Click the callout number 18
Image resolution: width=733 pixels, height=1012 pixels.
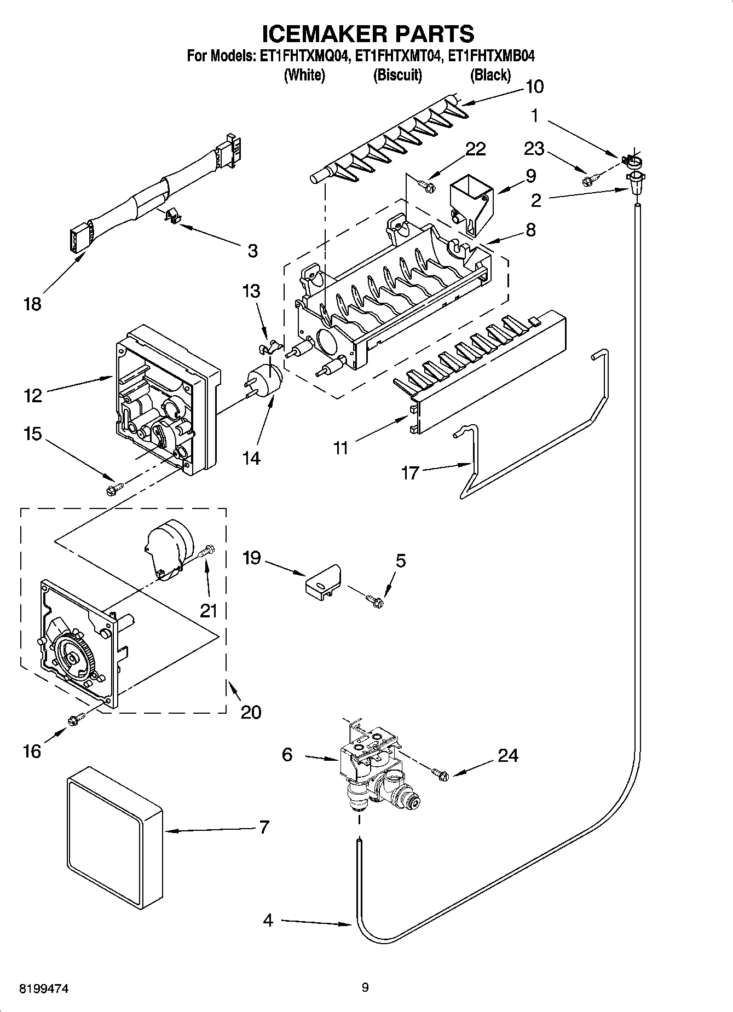tap(32, 304)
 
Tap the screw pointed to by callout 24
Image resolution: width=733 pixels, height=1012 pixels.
tap(441, 773)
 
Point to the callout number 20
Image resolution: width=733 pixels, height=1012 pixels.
tap(251, 712)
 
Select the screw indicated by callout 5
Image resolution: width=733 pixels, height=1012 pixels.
tap(376, 601)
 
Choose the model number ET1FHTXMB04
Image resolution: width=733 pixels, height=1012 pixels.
tap(491, 56)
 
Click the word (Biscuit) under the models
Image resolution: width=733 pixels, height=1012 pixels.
tap(397, 76)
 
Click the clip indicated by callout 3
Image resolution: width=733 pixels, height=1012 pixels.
tap(172, 216)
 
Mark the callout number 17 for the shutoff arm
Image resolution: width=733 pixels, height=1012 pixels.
tap(409, 472)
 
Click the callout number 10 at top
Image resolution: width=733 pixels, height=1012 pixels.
tap(534, 86)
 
